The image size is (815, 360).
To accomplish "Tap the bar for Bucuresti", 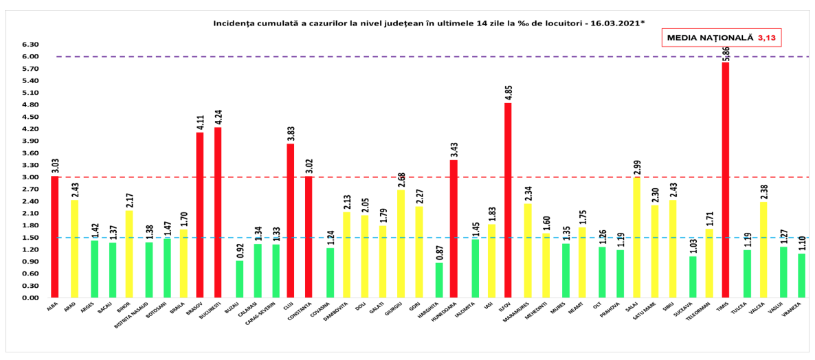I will [x=218, y=212].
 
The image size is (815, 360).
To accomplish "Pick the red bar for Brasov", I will [x=200, y=215].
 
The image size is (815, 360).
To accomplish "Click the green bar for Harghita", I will [x=439, y=280].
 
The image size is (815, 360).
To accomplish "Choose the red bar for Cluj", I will [x=291, y=221].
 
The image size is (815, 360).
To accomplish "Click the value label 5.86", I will [x=726, y=54].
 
